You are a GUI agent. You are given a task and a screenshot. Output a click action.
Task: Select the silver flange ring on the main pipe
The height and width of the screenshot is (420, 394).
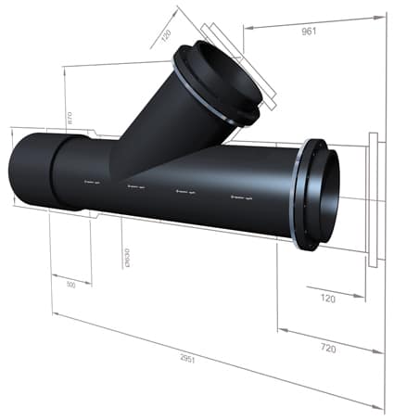click(296, 195)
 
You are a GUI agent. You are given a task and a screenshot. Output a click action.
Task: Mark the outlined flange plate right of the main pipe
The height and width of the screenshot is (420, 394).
click(373, 200)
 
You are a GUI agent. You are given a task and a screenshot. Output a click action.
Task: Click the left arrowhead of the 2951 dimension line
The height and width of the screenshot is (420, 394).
click(56, 316)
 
